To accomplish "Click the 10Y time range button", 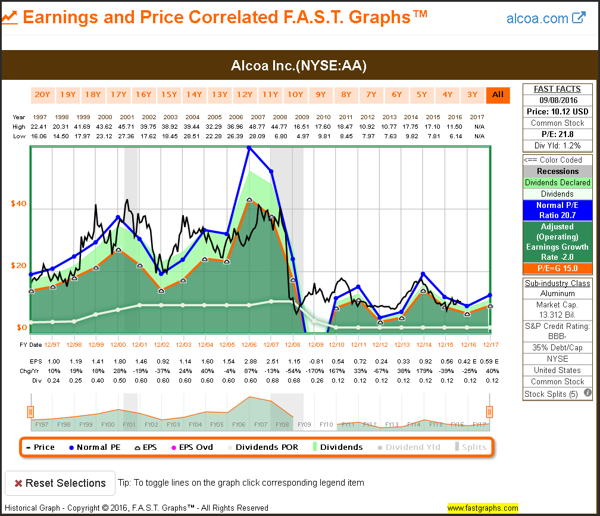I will point(295,94).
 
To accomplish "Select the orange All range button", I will point(498,94).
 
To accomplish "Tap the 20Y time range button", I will point(42,94).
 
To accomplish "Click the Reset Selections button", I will point(60,483).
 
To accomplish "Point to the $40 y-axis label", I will point(18,204).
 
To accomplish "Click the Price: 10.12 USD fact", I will point(557,111).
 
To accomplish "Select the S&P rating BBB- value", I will point(557,337).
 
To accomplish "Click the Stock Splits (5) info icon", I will point(587,393).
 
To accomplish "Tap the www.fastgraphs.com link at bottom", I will point(482,508).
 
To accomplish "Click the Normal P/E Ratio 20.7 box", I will point(557,210).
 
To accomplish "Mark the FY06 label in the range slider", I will point(238,424).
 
